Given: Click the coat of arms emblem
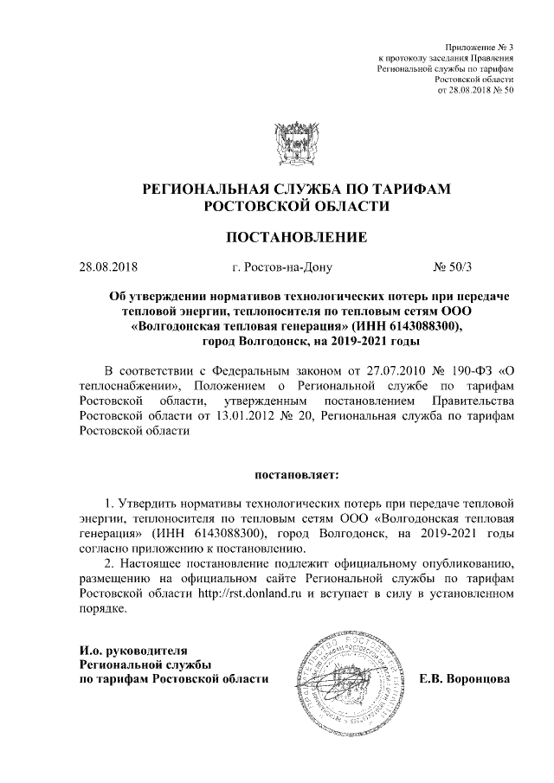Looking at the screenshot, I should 297,141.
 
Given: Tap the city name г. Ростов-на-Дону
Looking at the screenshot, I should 276,268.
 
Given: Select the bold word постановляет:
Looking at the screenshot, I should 297,475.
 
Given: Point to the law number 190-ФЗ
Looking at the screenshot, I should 467,368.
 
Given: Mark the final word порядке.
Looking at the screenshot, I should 103,609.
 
